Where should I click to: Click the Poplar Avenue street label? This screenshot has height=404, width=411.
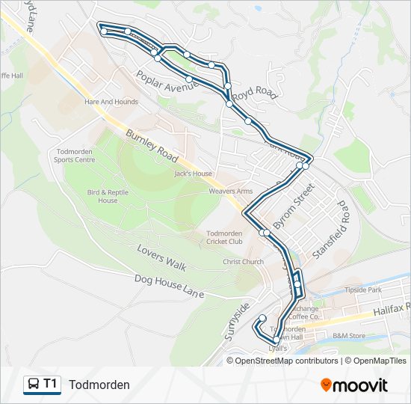167,81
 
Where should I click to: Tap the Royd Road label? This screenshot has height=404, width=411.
254,94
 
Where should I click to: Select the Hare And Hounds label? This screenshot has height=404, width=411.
111,102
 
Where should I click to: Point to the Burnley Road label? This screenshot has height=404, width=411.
152,147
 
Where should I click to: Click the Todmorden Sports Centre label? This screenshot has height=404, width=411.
75,155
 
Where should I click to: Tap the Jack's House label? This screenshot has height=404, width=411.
193,174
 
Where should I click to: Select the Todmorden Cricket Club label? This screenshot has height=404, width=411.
224,237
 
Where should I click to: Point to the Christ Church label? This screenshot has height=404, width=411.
243,262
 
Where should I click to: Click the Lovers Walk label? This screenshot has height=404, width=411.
161,257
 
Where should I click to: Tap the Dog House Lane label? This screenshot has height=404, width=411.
170,287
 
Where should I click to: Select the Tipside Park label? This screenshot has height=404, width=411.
363,290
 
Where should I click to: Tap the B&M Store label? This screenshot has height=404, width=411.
349,336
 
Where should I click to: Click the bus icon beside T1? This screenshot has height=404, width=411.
34,385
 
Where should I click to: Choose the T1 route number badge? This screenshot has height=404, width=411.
50,384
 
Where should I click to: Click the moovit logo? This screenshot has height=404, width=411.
354,385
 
